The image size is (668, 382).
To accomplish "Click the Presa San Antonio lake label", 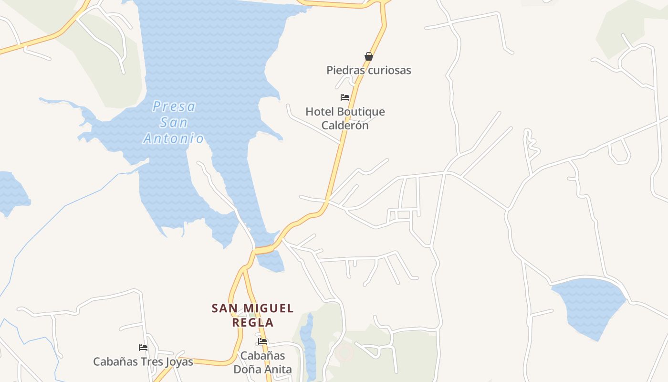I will pos(174,122).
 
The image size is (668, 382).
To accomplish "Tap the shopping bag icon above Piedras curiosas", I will pos(369,56).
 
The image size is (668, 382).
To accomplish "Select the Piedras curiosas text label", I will pos(368,70).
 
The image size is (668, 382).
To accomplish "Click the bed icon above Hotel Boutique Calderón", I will pos(345,97).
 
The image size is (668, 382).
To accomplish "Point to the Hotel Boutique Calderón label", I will pos(345,118).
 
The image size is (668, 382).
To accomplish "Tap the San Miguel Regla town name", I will pos(252,315).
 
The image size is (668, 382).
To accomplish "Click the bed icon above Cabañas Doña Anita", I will pos(262,342).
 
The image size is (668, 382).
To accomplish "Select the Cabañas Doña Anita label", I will pos(262,362).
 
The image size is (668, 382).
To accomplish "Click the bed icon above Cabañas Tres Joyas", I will pos(143,348).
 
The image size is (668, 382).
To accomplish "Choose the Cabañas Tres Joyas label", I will pos(143,361).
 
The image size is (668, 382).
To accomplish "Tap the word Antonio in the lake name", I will pos(174,139).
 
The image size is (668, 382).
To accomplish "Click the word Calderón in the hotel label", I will pos(345,126).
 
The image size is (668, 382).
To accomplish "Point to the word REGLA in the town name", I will pos(252,322).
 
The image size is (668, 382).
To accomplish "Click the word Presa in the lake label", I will pos(174,106).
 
